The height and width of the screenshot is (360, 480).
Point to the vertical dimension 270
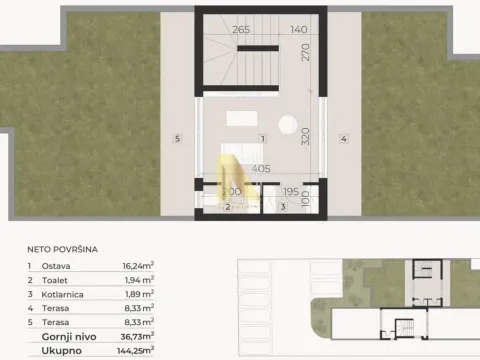[309, 52]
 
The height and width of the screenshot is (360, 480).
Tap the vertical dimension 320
[309, 139]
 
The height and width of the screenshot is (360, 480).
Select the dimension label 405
[262, 169]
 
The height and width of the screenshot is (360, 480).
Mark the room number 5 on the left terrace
[176, 139]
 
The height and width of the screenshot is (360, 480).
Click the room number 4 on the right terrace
[343, 139]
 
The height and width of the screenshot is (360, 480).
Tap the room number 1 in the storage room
[261, 138]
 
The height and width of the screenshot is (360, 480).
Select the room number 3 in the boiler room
[283, 206]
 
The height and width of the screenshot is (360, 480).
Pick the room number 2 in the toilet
[227, 207]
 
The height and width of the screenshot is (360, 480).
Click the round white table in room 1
[287, 126]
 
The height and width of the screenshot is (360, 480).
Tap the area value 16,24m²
[137, 267]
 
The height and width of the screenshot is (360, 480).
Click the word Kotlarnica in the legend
[63, 295]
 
